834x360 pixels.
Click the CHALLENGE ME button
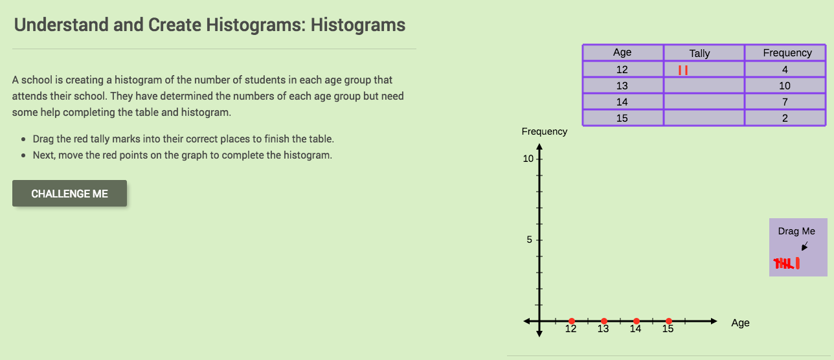tap(69, 194)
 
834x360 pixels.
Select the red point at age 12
tap(571, 321)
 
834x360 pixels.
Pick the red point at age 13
tap(603, 321)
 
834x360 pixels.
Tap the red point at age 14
tap(636, 321)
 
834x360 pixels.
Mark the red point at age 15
tap(668, 321)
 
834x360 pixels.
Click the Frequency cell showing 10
tap(785, 85)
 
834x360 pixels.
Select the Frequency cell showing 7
tap(785, 102)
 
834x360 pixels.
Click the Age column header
tap(622, 53)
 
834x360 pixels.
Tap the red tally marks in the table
tap(682, 70)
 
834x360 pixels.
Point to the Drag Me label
tap(796, 231)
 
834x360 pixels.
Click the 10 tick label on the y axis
tap(529, 159)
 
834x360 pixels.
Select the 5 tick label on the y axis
tap(529, 240)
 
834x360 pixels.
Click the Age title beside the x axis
tap(740, 322)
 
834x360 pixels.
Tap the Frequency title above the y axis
tap(544, 131)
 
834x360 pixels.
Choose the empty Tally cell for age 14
tap(703, 102)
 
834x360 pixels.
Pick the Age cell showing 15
tap(622, 118)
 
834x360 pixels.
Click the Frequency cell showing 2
tap(785, 118)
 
